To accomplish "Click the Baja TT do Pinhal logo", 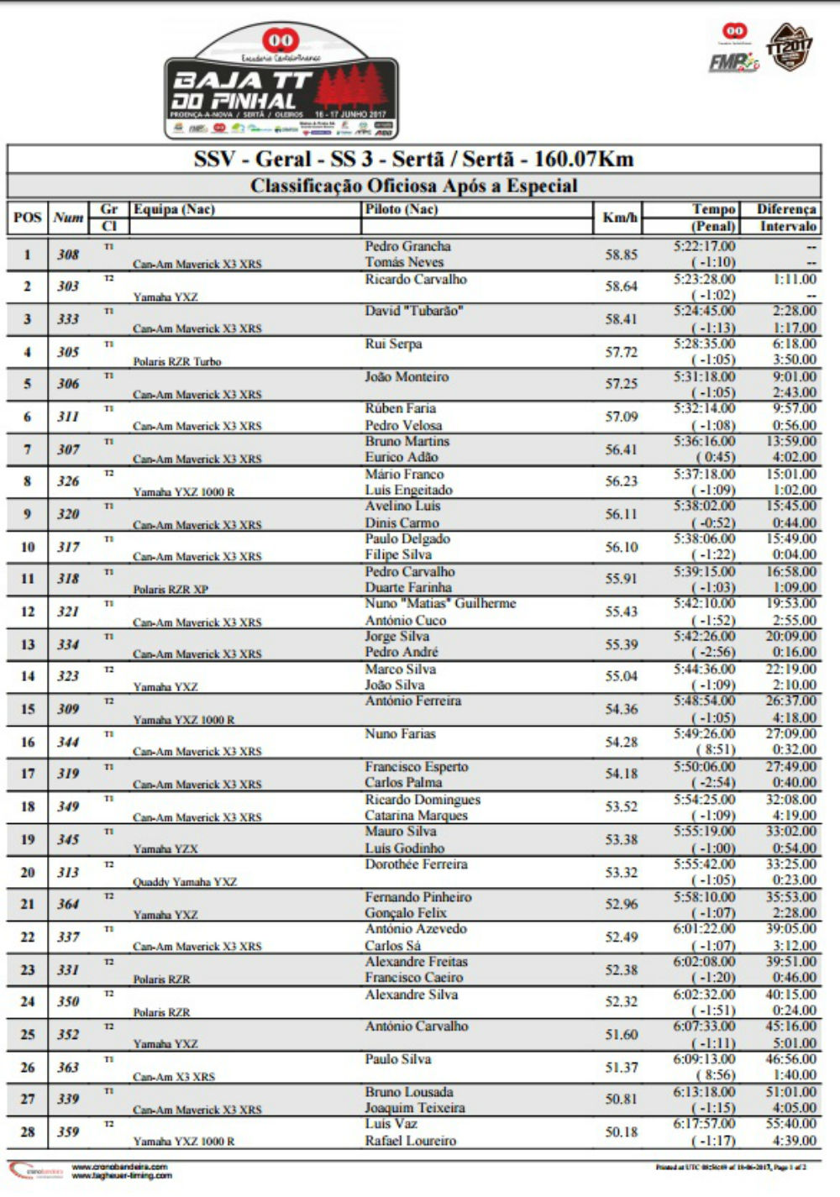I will click(x=281, y=82).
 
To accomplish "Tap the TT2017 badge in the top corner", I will click(x=790, y=47).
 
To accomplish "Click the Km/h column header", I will click(x=621, y=218).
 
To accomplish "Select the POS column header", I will click(x=28, y=218).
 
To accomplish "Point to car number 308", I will click(x=68, y=255).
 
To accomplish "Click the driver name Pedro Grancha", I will click(x=407, y=246).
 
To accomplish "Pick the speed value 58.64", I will click(x=621, y=286).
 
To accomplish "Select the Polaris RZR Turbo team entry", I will click(x=177, y=361).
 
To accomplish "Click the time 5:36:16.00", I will click(x=704, y=441).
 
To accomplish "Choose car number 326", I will click(x=68, y=481).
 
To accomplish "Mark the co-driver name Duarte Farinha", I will click(x=408, y=587).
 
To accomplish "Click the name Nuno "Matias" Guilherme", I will click(x=440, y=603).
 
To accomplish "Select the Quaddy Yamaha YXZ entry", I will click(x=185, y=882).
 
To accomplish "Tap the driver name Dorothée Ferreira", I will click(x=416, y=864).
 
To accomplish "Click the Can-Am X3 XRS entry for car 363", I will click(x=174, y=1076).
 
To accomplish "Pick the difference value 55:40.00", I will click(x=790, y=1124).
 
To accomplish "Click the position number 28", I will click(x=28, y=1131).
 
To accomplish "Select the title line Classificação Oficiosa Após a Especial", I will click(x=414, y=186).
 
